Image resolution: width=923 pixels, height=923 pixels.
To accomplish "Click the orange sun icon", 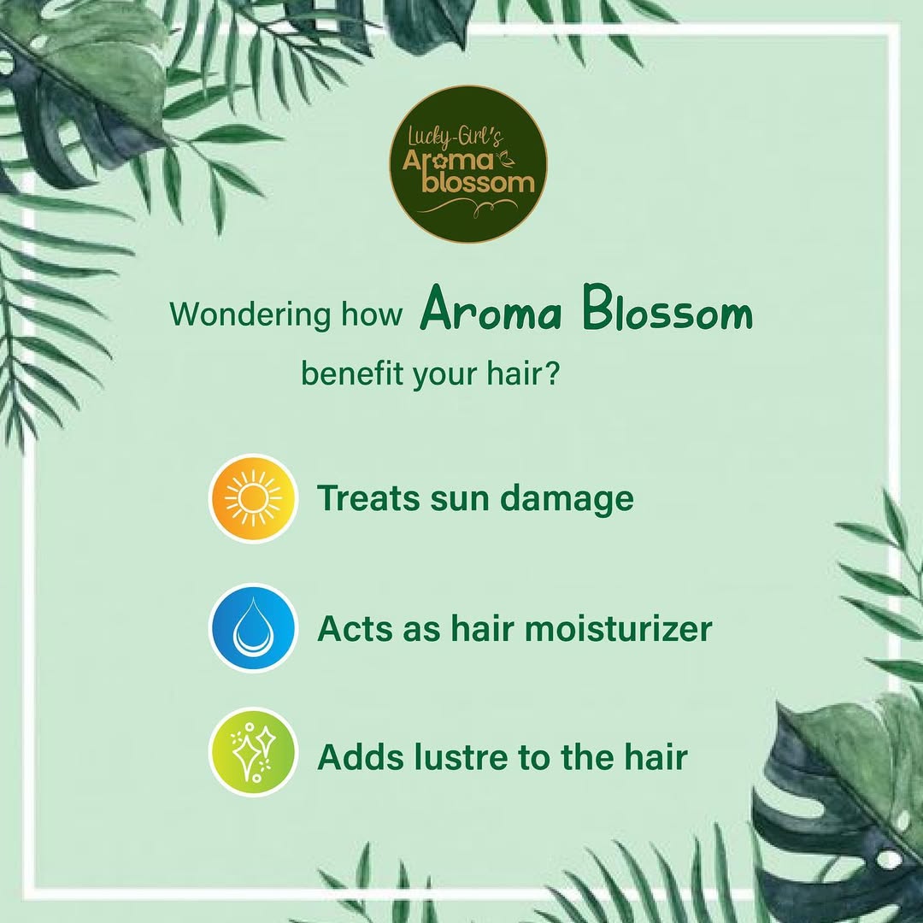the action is click(x=253, y=498).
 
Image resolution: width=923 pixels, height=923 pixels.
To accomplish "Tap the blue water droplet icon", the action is click(x=253, y=627).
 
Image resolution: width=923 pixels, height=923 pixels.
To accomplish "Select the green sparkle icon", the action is click(x=253, y=753).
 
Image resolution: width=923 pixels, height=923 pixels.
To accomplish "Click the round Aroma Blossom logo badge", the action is click(x=468, y=164).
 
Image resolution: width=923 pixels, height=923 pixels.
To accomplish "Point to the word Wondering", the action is click(x=250, y=315).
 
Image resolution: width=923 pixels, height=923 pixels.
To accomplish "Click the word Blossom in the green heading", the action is click(x=667, y=309).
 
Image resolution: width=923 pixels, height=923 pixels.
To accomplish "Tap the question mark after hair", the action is click(x=551, y=373).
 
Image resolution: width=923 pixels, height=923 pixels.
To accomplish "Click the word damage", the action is click(x=567, y=500).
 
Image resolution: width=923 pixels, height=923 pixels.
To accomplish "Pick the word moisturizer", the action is click(x=618, y=628).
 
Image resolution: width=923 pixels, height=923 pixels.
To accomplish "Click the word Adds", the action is click(x=362, y=757).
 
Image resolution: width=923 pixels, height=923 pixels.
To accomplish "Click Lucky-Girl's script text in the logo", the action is click(x=456, y=138).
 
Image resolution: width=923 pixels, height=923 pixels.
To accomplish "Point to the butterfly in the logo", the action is click(x=505, y=159).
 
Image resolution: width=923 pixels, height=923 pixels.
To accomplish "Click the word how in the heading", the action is click(x=372, y=314).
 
